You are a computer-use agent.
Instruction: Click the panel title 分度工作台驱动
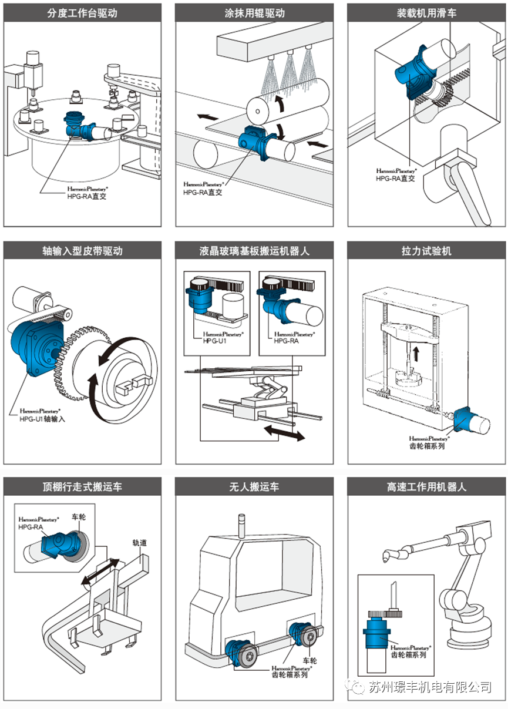tap(82, 13)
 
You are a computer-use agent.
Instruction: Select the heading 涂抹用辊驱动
tap(254, 13)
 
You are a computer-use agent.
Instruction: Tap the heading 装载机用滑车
tap(426, 13)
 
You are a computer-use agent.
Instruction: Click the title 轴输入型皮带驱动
tap(82, 251)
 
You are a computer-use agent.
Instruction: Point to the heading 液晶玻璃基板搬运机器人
tap(254, 251)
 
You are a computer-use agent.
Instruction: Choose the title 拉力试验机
tap(426, 251)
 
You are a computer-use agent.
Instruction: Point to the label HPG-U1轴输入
tap(43, 419)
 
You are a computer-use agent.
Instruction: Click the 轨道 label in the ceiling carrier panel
tap(140, 543)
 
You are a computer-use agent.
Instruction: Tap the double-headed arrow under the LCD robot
tap(284, 434)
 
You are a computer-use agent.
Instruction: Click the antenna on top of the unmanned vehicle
tap(240, 525)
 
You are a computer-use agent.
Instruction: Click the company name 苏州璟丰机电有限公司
tap(430, 687)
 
